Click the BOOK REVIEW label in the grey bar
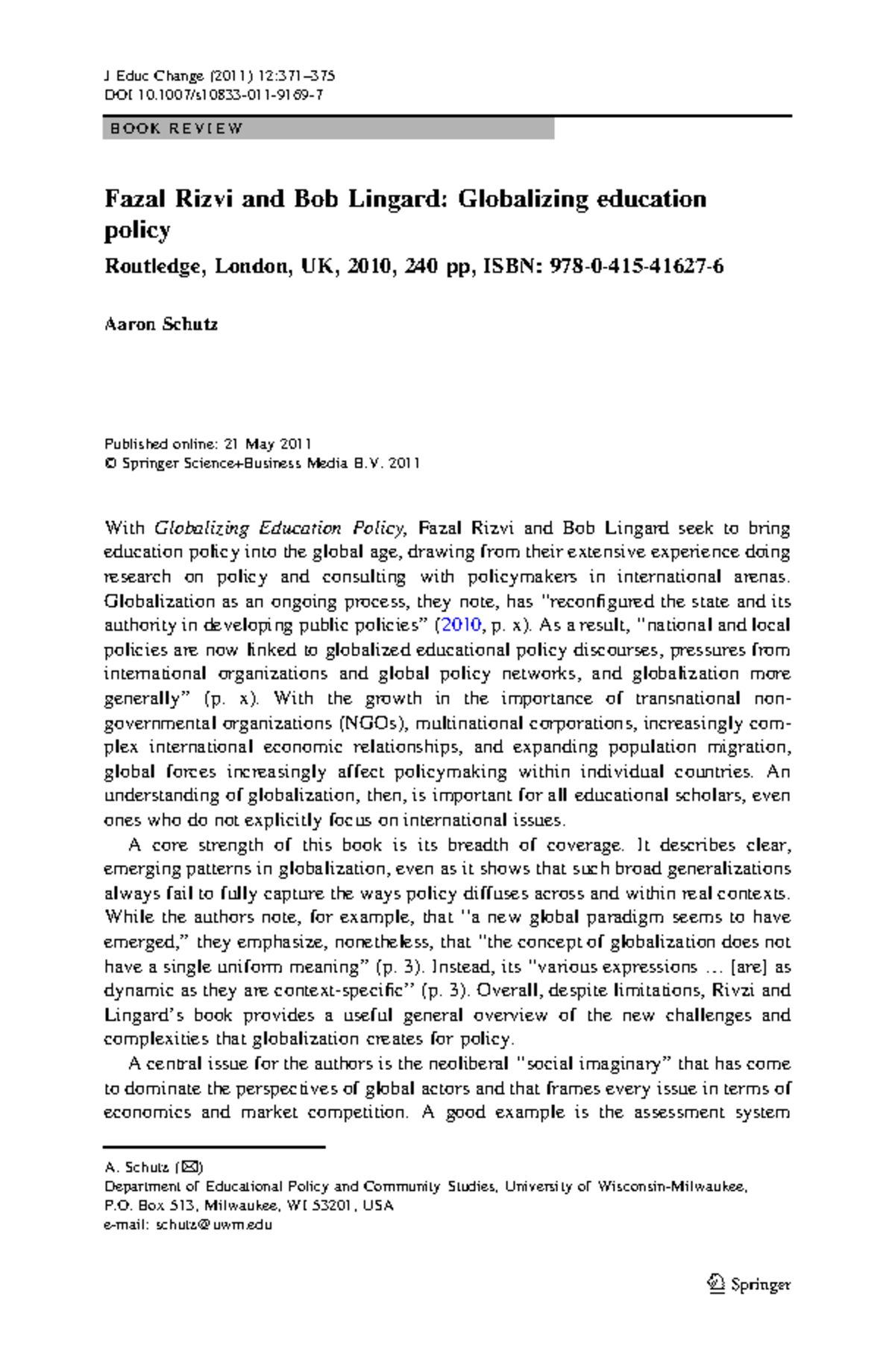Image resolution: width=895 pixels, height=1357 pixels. (176, 129)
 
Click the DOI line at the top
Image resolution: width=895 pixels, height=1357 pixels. (213, 95)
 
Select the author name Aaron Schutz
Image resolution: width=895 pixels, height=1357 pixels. (160, 324)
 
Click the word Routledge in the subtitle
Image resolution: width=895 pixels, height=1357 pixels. (152, 266)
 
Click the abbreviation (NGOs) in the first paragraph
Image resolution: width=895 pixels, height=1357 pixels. (372, 722)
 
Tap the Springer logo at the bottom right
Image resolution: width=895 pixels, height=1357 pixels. (748, 1284)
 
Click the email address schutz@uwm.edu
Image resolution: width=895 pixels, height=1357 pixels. (213, 1224)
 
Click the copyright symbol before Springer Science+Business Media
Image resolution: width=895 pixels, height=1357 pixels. (110, 463)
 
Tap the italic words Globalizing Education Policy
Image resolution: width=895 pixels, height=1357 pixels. (280, 529)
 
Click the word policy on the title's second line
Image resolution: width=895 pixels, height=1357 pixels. (136, 230)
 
